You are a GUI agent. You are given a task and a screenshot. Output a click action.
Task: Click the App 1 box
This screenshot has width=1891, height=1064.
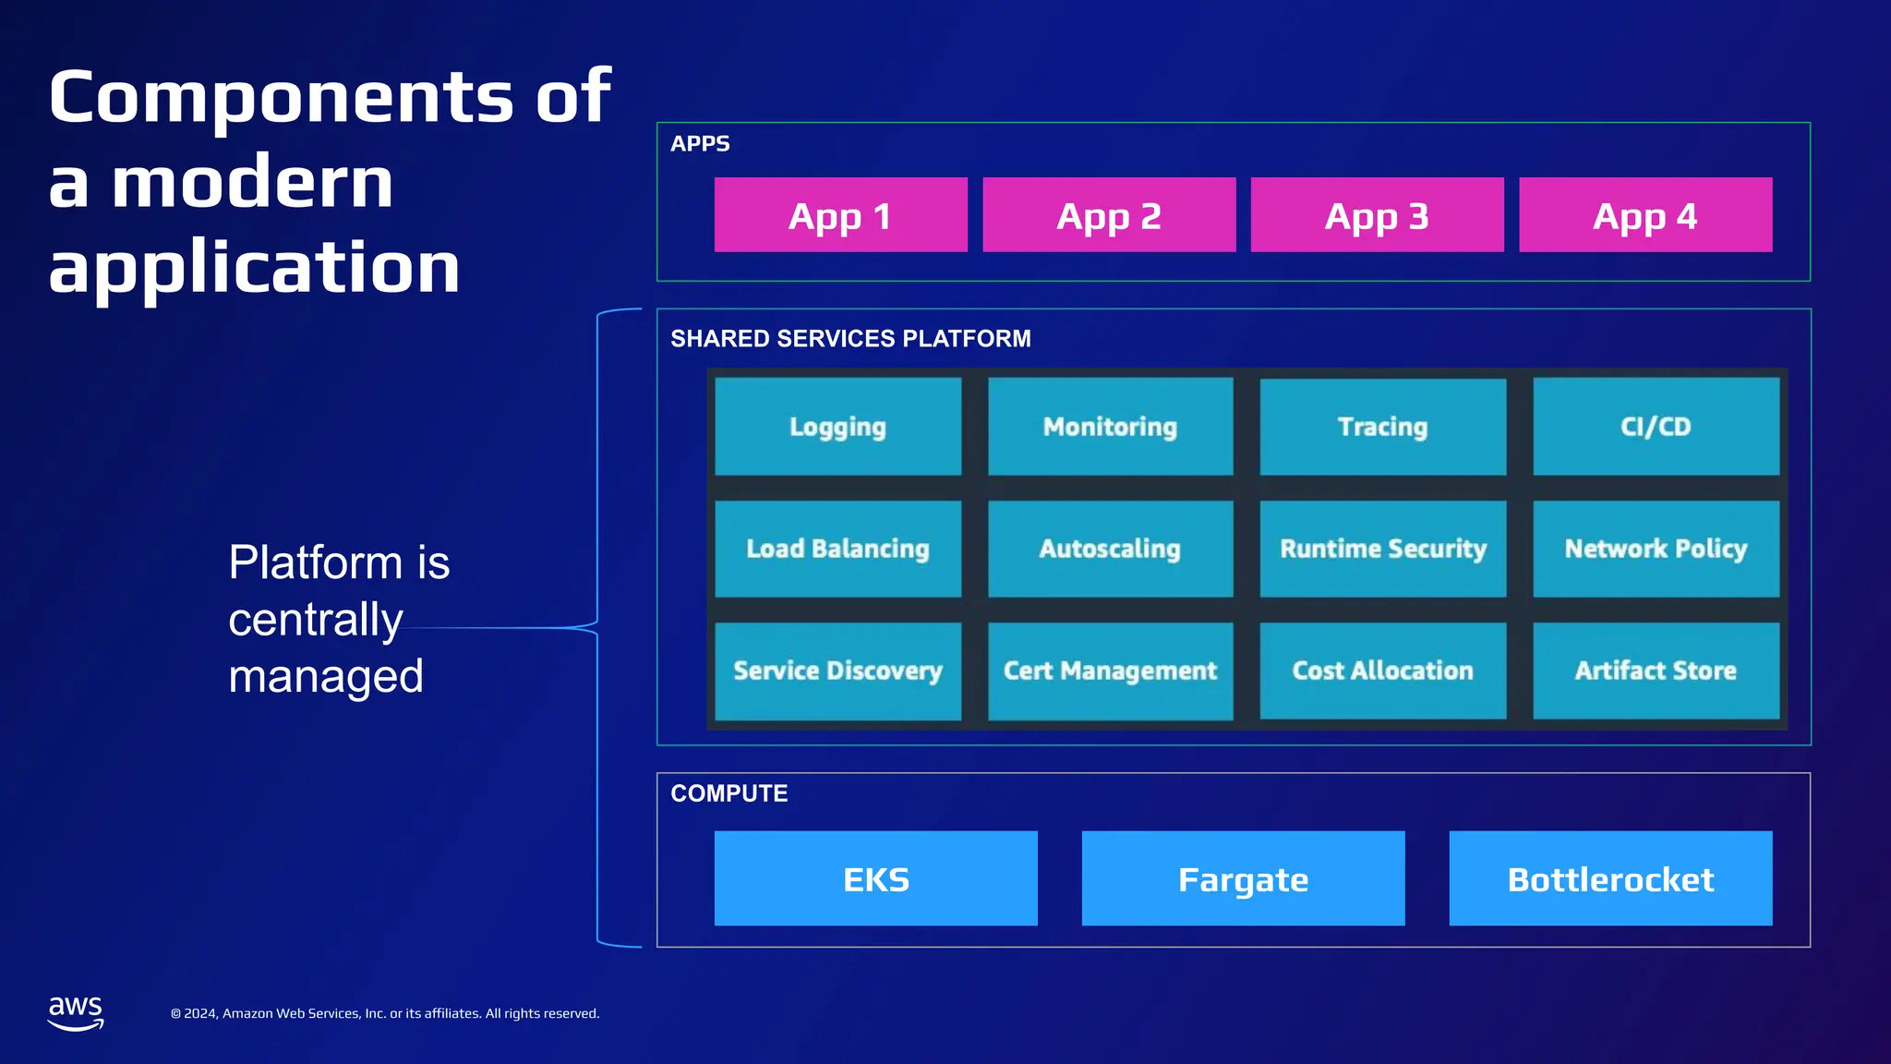(840, 214)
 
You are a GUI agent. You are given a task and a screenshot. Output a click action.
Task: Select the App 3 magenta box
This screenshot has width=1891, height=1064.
(1377, 214)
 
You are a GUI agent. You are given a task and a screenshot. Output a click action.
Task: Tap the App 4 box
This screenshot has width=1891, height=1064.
(1645, 214)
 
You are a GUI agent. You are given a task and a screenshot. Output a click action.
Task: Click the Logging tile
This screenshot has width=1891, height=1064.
(837, 427)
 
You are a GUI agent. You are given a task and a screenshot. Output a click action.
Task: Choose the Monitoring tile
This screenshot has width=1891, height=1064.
(1110, 427)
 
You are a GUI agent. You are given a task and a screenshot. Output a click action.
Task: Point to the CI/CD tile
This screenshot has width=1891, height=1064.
(1656, 427)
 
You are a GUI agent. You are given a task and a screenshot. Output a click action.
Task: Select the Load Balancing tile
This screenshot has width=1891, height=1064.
(837, 549)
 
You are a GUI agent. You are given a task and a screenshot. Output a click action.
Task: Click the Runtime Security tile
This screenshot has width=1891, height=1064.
(1382, 549)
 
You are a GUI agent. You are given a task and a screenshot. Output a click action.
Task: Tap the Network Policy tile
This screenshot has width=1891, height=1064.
(1656, 549)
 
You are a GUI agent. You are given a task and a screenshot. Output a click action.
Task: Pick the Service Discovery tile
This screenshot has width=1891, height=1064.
(837, 671)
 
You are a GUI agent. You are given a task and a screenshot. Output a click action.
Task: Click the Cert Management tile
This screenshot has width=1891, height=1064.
(1110, 671)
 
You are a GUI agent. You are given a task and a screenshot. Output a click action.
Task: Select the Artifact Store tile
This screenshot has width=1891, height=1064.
(1656, 671)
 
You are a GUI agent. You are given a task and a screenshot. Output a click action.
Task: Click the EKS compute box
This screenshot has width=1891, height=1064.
(875, 878)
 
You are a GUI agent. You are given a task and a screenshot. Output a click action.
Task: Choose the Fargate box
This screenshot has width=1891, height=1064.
(1243, 878)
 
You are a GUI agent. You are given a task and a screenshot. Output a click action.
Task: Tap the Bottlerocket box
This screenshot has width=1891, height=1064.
(1610, 878)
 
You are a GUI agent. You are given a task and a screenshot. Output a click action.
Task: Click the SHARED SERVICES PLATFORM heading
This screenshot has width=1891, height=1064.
(850, 339)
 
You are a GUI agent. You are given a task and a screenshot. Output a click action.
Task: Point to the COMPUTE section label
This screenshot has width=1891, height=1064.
(729, 793)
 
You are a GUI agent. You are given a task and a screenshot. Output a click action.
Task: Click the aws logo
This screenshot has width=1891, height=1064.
(75, 1012)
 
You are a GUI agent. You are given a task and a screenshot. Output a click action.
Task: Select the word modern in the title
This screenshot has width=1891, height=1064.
(253, 183)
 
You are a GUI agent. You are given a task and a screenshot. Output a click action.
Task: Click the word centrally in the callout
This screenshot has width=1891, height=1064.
(316, 620)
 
